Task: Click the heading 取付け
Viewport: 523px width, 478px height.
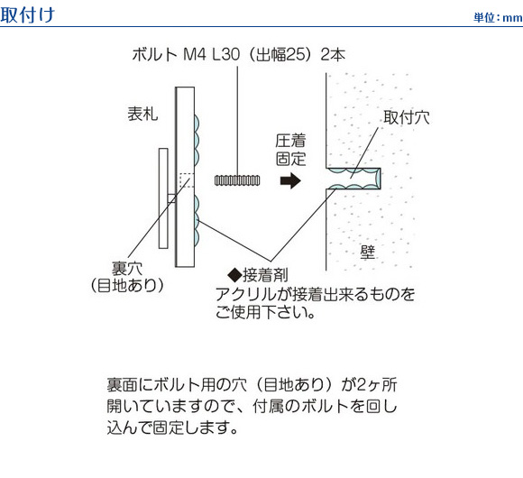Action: (x=27, y=14)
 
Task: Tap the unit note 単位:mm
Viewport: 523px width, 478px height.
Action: (x=498, y=17)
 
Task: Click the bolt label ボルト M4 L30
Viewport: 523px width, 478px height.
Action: (x=186, y=54)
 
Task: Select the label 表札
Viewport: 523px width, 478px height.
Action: (x=142, y=114)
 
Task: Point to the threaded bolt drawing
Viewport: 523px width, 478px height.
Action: (x=237, y=180)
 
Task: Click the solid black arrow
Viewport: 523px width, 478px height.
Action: (x=290, y=180)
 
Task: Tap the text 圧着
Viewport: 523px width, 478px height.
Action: (x=290, y=141)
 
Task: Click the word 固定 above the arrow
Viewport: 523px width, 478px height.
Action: (x=290, y=159)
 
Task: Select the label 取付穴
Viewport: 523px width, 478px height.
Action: (x=407, y=117)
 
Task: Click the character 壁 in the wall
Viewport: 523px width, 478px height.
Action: (x=368, y=253)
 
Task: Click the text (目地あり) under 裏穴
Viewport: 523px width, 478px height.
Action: (x=127, y=286)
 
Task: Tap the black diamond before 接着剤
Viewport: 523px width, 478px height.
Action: (x=234, y=275)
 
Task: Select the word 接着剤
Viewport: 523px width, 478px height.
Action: (x=265, y=275)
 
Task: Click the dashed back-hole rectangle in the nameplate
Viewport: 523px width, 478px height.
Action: (x=187, y=180)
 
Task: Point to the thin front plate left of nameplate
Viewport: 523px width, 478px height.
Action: (x=163, y=198)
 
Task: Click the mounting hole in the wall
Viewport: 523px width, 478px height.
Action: (x=353, y=179)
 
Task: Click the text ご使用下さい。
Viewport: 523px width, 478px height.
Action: (x=265, y=312)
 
